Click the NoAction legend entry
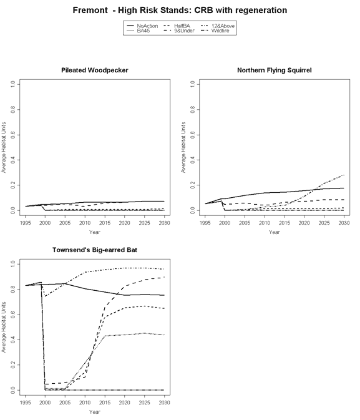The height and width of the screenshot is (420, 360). [142, 26]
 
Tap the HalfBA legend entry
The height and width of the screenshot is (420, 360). [177, 26]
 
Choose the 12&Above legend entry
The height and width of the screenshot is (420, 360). [218, 26]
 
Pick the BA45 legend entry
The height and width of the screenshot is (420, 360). [139, 31]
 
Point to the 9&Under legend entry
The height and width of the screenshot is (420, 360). [179, 31]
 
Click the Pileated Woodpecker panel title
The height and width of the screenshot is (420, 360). [95, 70]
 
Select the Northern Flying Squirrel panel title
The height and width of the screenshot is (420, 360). [275, 70]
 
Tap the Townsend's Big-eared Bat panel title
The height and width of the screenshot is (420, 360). [95, 250]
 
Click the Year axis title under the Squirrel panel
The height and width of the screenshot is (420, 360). [275, 232]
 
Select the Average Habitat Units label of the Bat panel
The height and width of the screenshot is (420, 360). [4, 327]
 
